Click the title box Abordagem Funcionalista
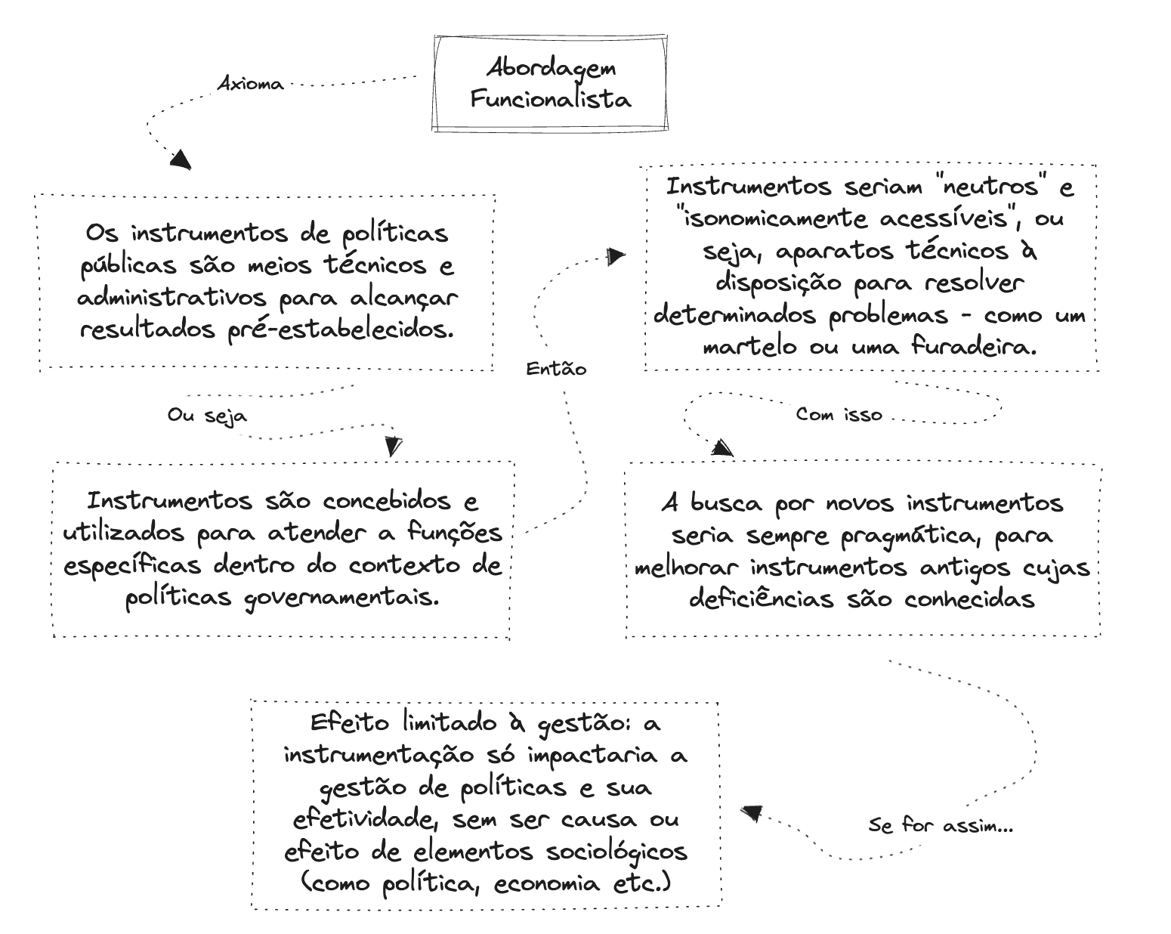coord(551,83)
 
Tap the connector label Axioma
coord(250,84)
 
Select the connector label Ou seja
coord(206,415)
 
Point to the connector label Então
coord(555,369)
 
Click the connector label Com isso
coord(839,414)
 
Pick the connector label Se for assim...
coord(940,825)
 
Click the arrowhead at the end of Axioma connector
coord(180,159)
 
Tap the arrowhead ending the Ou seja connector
coord(392,446)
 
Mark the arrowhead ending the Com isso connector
coord(722,448)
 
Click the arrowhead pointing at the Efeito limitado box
coord(750,814)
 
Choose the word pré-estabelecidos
coord(341,329)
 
